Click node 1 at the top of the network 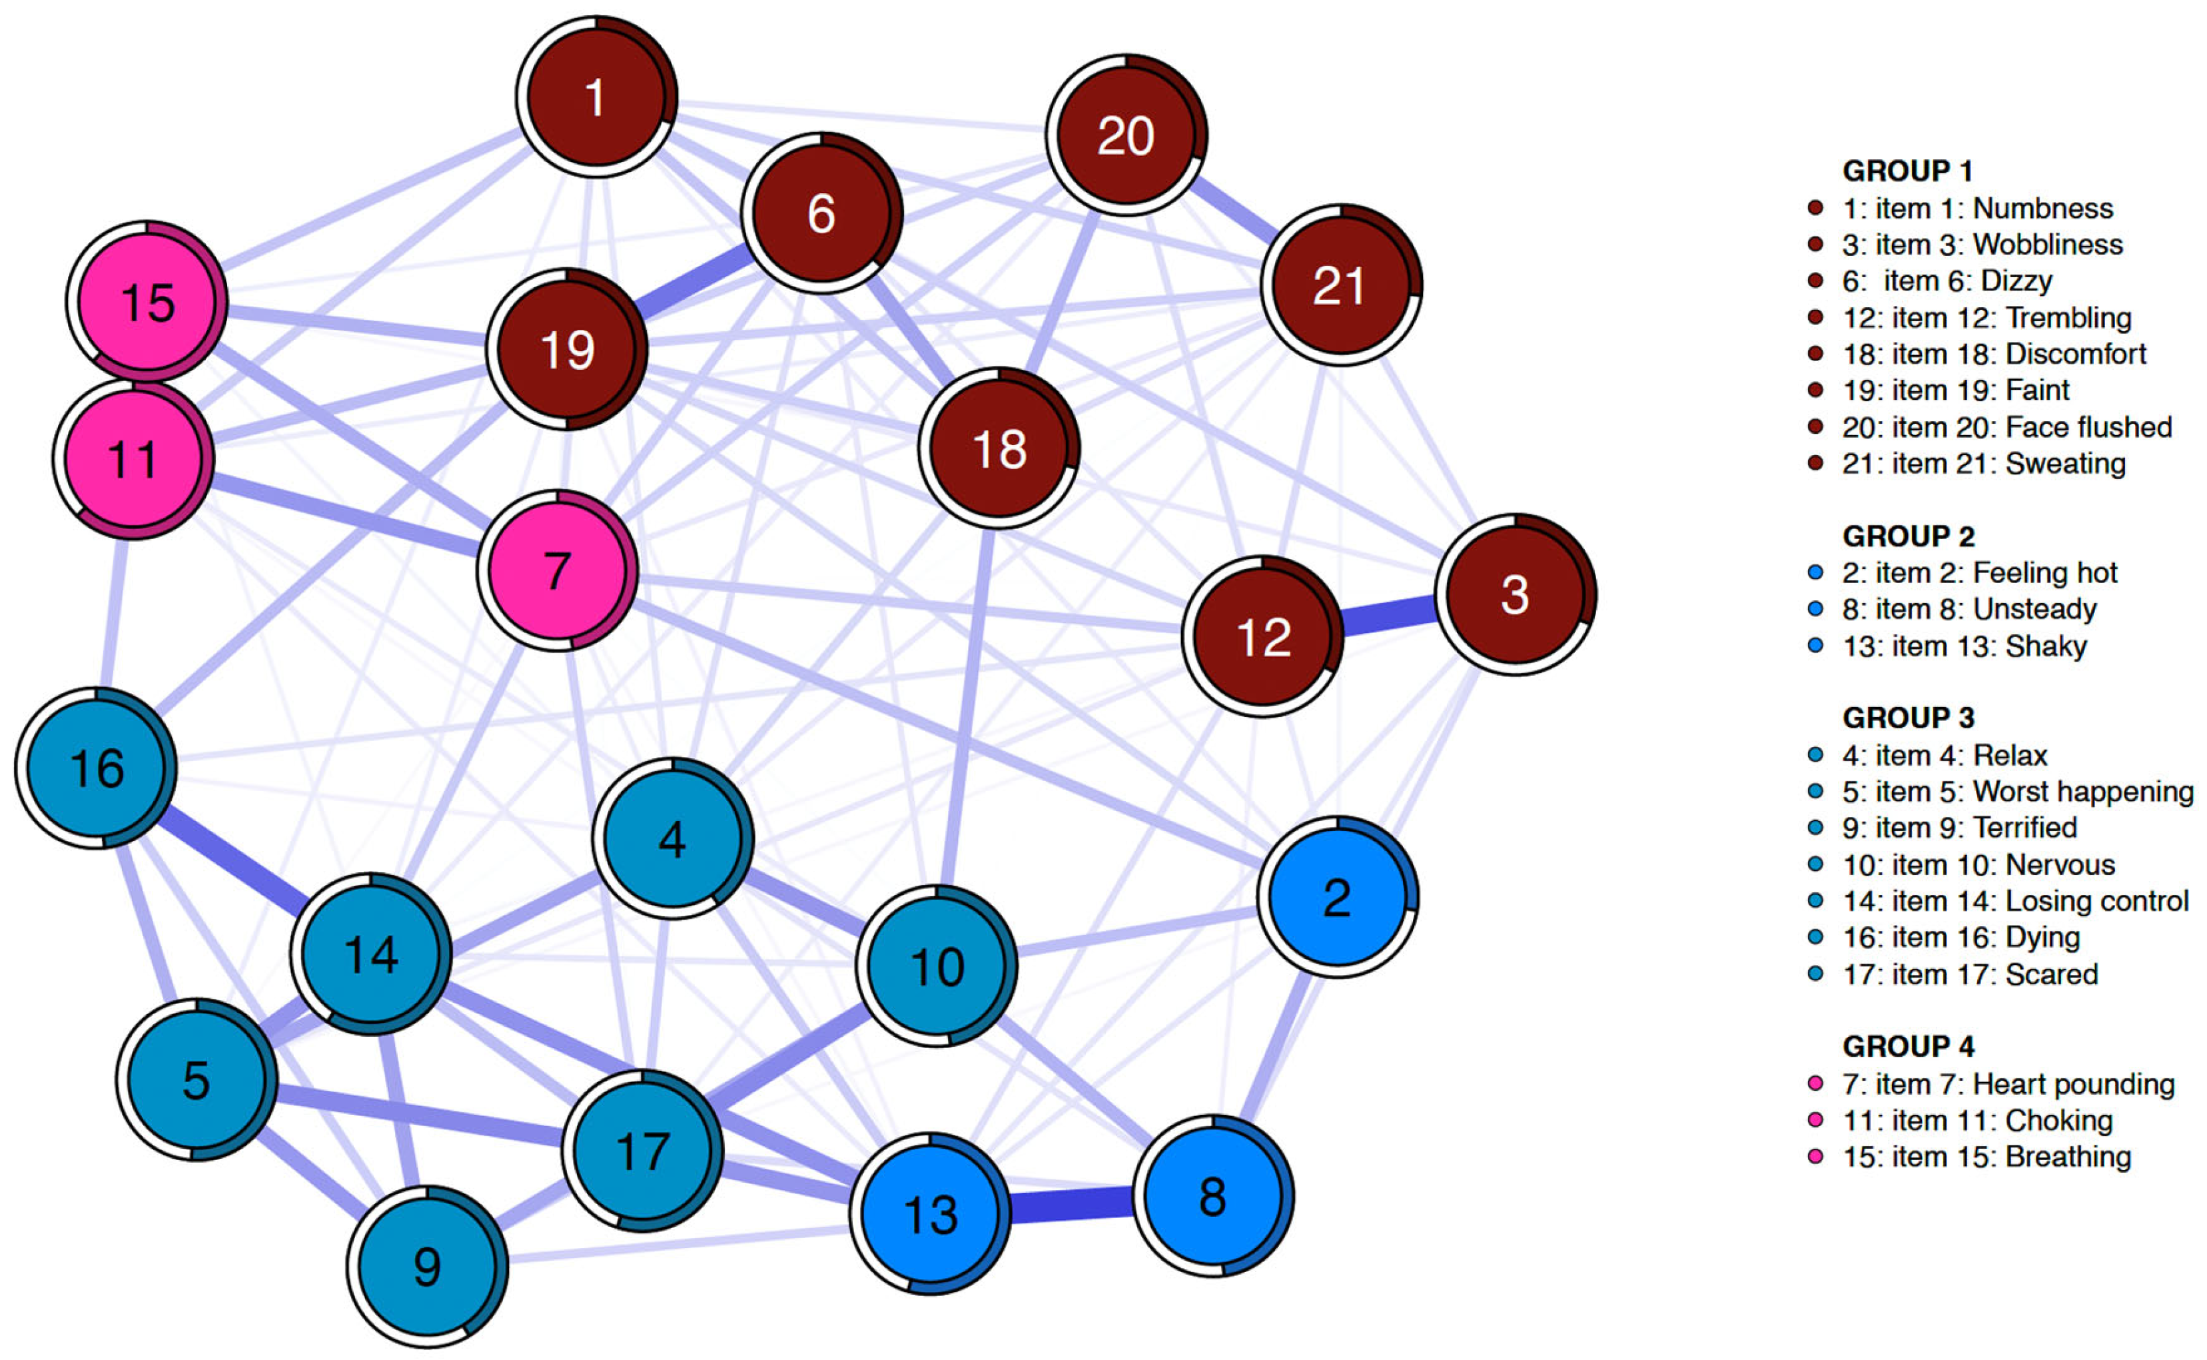596,96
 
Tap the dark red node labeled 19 568,349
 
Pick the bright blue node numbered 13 931,1213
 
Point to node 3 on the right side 1515,594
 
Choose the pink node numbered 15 147,301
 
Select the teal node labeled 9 427,1267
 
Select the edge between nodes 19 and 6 693,283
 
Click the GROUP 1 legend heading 1907,170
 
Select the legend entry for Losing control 2014,900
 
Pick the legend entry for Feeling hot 1979,572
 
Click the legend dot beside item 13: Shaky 1815,645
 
